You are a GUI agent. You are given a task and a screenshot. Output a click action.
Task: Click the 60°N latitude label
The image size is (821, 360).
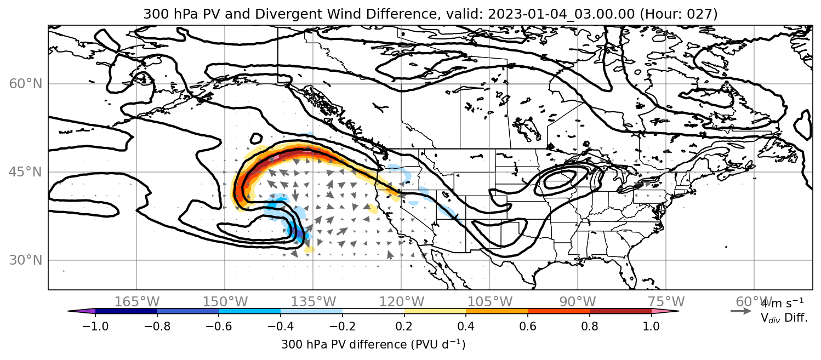26,84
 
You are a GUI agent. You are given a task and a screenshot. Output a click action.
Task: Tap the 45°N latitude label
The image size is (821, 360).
26,172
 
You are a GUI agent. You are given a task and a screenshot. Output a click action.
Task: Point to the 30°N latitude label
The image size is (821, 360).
26,260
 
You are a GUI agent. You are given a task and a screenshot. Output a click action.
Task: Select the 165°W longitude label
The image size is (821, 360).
136,302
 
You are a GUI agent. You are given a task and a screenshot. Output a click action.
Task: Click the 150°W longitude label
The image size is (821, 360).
225,302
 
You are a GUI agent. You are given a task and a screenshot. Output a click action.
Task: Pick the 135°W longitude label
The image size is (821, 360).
313,302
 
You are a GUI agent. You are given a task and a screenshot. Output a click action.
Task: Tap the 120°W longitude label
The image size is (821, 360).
401,302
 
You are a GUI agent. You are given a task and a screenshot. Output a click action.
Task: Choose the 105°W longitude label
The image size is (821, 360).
489,302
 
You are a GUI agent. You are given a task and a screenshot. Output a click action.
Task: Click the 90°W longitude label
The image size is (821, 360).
578,302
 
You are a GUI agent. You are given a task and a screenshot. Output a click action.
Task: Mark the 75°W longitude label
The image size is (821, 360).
666,302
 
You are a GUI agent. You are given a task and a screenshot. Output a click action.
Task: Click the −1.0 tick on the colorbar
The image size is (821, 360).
95,326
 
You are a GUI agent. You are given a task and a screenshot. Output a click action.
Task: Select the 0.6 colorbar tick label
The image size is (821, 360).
528,326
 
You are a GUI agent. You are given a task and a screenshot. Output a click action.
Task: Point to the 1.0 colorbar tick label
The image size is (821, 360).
651,326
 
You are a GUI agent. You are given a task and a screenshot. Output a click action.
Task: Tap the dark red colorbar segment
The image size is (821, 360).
620,311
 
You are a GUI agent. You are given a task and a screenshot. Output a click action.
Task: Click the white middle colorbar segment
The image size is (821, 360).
373,311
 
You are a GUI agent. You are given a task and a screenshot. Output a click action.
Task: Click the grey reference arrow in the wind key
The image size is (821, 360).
741,311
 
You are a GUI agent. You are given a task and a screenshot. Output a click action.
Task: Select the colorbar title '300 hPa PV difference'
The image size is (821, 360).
344,345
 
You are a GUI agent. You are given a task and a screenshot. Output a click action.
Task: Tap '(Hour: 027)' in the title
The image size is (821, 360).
679,14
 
